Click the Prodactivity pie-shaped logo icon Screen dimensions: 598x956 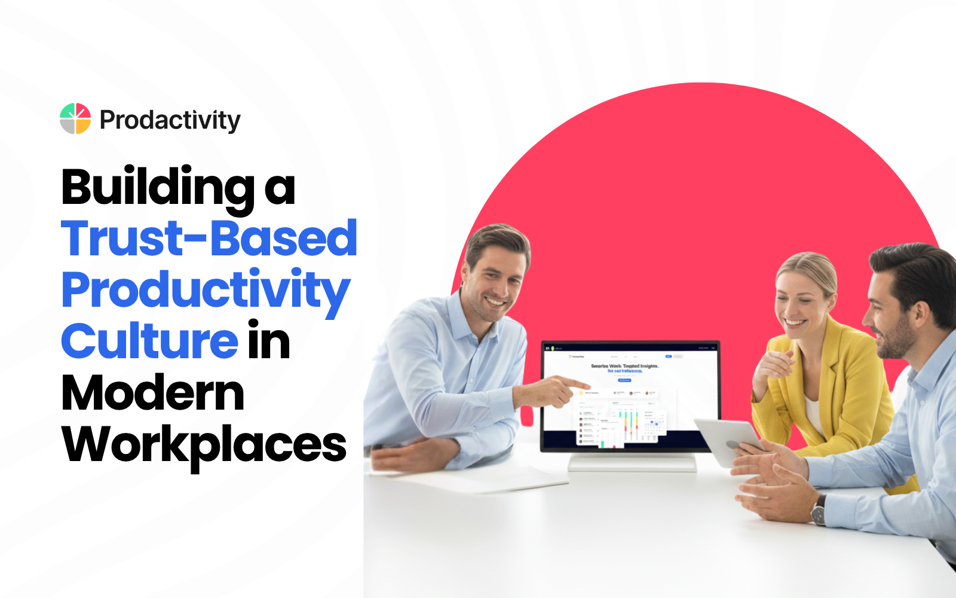[75, 118]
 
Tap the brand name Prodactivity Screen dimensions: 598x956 [170, 120]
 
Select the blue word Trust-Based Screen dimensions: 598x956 [209, 239]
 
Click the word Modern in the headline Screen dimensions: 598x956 [153, 393]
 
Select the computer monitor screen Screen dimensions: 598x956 [630, 395]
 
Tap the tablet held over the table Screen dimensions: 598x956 [729, 440]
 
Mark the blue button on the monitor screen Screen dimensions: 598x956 [624, 380]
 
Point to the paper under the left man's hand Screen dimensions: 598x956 [478, 478]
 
